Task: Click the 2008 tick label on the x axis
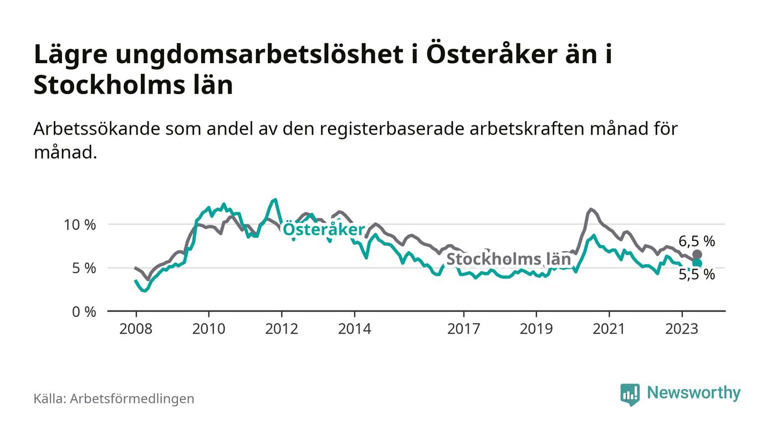coord(136,329)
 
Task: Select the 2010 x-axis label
coord(208,329)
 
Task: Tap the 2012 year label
coord(282,329)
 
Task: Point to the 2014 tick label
coord(355,329)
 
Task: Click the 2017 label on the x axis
coord(463,329)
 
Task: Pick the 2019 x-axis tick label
coord(536,329)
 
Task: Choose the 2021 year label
coord(609,329)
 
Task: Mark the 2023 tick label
coord(682,329)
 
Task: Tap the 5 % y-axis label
coord(85,268)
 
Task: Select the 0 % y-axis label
coord(85,311)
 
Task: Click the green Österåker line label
coord(324,230)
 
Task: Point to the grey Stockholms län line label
coord(508,259)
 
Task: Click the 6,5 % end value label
coord(697,241)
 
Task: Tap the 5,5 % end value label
coord(697,274)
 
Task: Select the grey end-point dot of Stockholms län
coord(697,254)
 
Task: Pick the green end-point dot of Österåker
coord(697,263)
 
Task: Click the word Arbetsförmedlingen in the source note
coord(132,398)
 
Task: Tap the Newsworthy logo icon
coord(630,394)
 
